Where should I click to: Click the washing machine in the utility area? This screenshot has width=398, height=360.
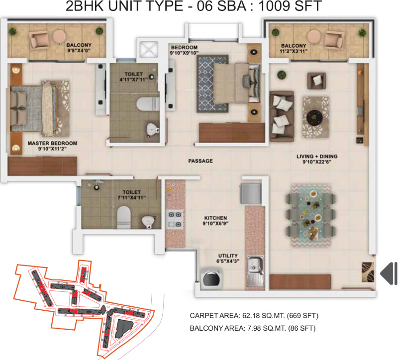click(211, 278)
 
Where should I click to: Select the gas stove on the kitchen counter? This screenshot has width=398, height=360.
click(175, 219)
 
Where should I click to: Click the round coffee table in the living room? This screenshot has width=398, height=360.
click(314, 118)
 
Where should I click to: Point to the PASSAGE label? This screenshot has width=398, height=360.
click(200, 161)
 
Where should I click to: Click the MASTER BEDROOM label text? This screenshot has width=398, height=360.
click(52, 143)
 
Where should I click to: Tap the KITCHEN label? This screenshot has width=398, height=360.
click(215, 218)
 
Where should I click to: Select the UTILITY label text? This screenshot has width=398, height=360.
click(228, 256)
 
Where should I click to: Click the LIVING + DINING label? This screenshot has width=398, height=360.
click(317, 156)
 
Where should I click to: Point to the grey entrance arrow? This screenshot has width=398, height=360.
click(389, 273)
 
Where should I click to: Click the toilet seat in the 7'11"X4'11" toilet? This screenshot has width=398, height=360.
click(123, 217)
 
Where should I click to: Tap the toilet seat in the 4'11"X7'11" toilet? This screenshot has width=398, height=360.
click(148, 104)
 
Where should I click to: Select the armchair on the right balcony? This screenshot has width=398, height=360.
click(334, 40)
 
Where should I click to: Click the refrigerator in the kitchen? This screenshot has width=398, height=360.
click(251, 193)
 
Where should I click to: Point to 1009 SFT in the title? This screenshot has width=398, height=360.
click(290, 6)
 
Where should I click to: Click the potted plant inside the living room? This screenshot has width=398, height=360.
click(282, 75)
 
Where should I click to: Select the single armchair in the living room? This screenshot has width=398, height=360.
click(316, 81)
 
